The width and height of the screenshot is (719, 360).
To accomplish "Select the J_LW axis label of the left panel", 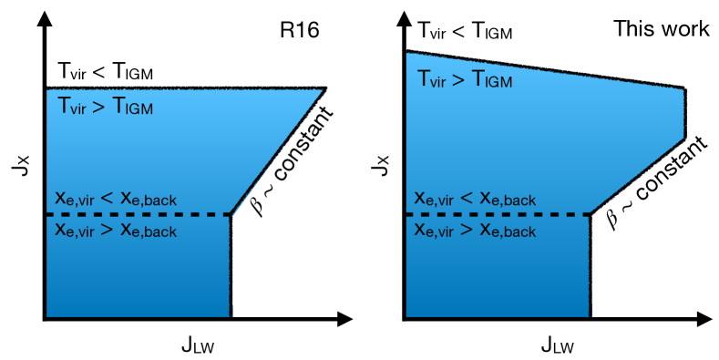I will click(199, 345).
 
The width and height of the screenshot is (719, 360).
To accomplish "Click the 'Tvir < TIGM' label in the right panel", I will click(465, 30).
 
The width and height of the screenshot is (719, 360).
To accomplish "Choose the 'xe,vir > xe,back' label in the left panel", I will click(116, 230).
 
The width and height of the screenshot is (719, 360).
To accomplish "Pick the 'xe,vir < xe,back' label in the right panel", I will click(475, 199).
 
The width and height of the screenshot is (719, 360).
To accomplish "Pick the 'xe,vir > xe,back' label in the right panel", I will click(475, 230).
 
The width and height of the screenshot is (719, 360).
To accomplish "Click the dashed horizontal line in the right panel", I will click(497, 214).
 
